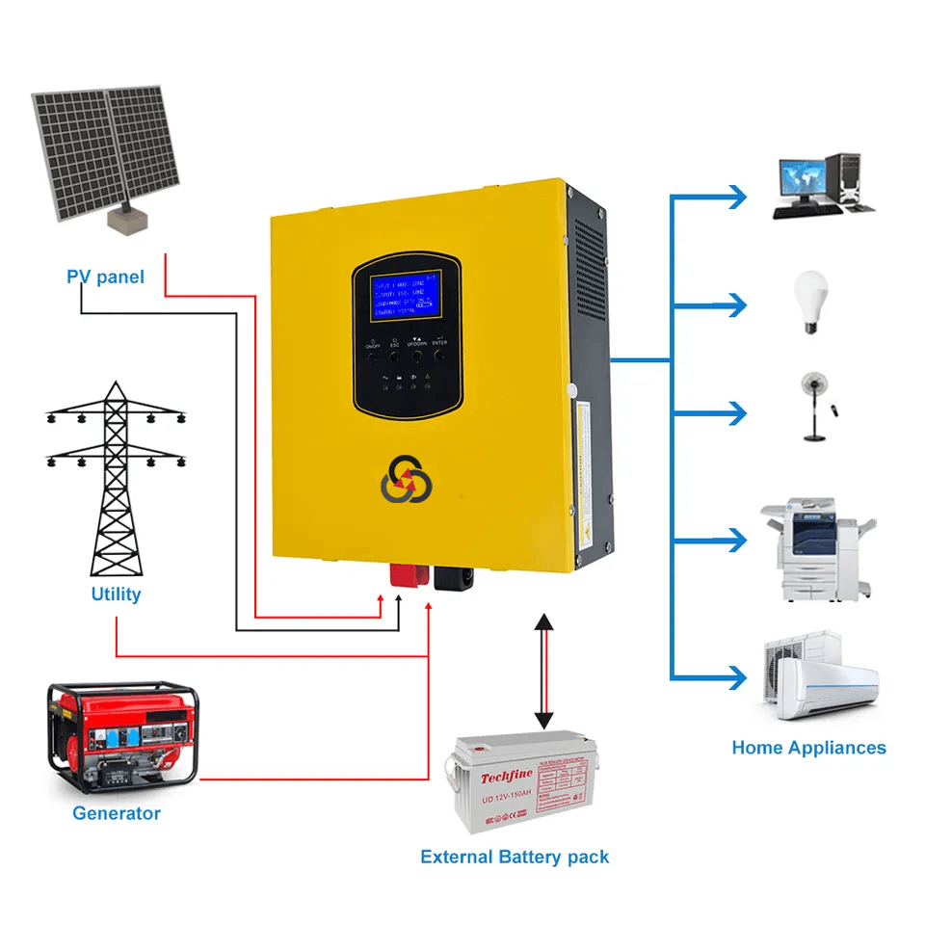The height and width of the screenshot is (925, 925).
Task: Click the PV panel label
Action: pyautogui.click(x=105, y=277)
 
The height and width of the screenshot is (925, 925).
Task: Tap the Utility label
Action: pyautogui.click(x=116, y=594)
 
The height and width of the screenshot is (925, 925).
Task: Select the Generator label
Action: pyautogui.click(x=117, y=813)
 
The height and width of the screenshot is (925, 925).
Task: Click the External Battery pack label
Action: pyautogui.click(x=515, y=857)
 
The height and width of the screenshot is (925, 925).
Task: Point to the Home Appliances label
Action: pyautogui.click(x=808, y=748)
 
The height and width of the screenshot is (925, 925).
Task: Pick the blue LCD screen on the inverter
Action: pyautogui.click(x=404, y=295)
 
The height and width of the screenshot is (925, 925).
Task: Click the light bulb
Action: pyautogui.click(x=810, y=302)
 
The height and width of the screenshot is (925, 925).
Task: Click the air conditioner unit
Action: pyautogui.click(x=821, y=675)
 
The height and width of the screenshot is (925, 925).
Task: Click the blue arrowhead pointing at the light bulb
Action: pyautogui.click(x=737, y=305)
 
